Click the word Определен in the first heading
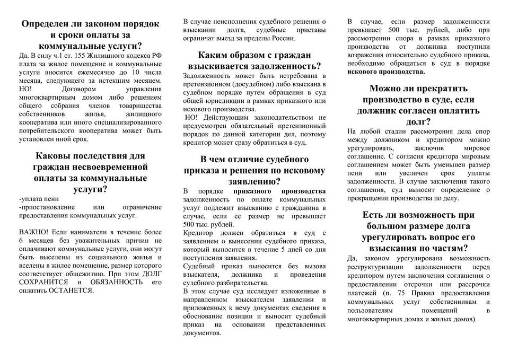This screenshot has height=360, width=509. (x=48, y=24)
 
